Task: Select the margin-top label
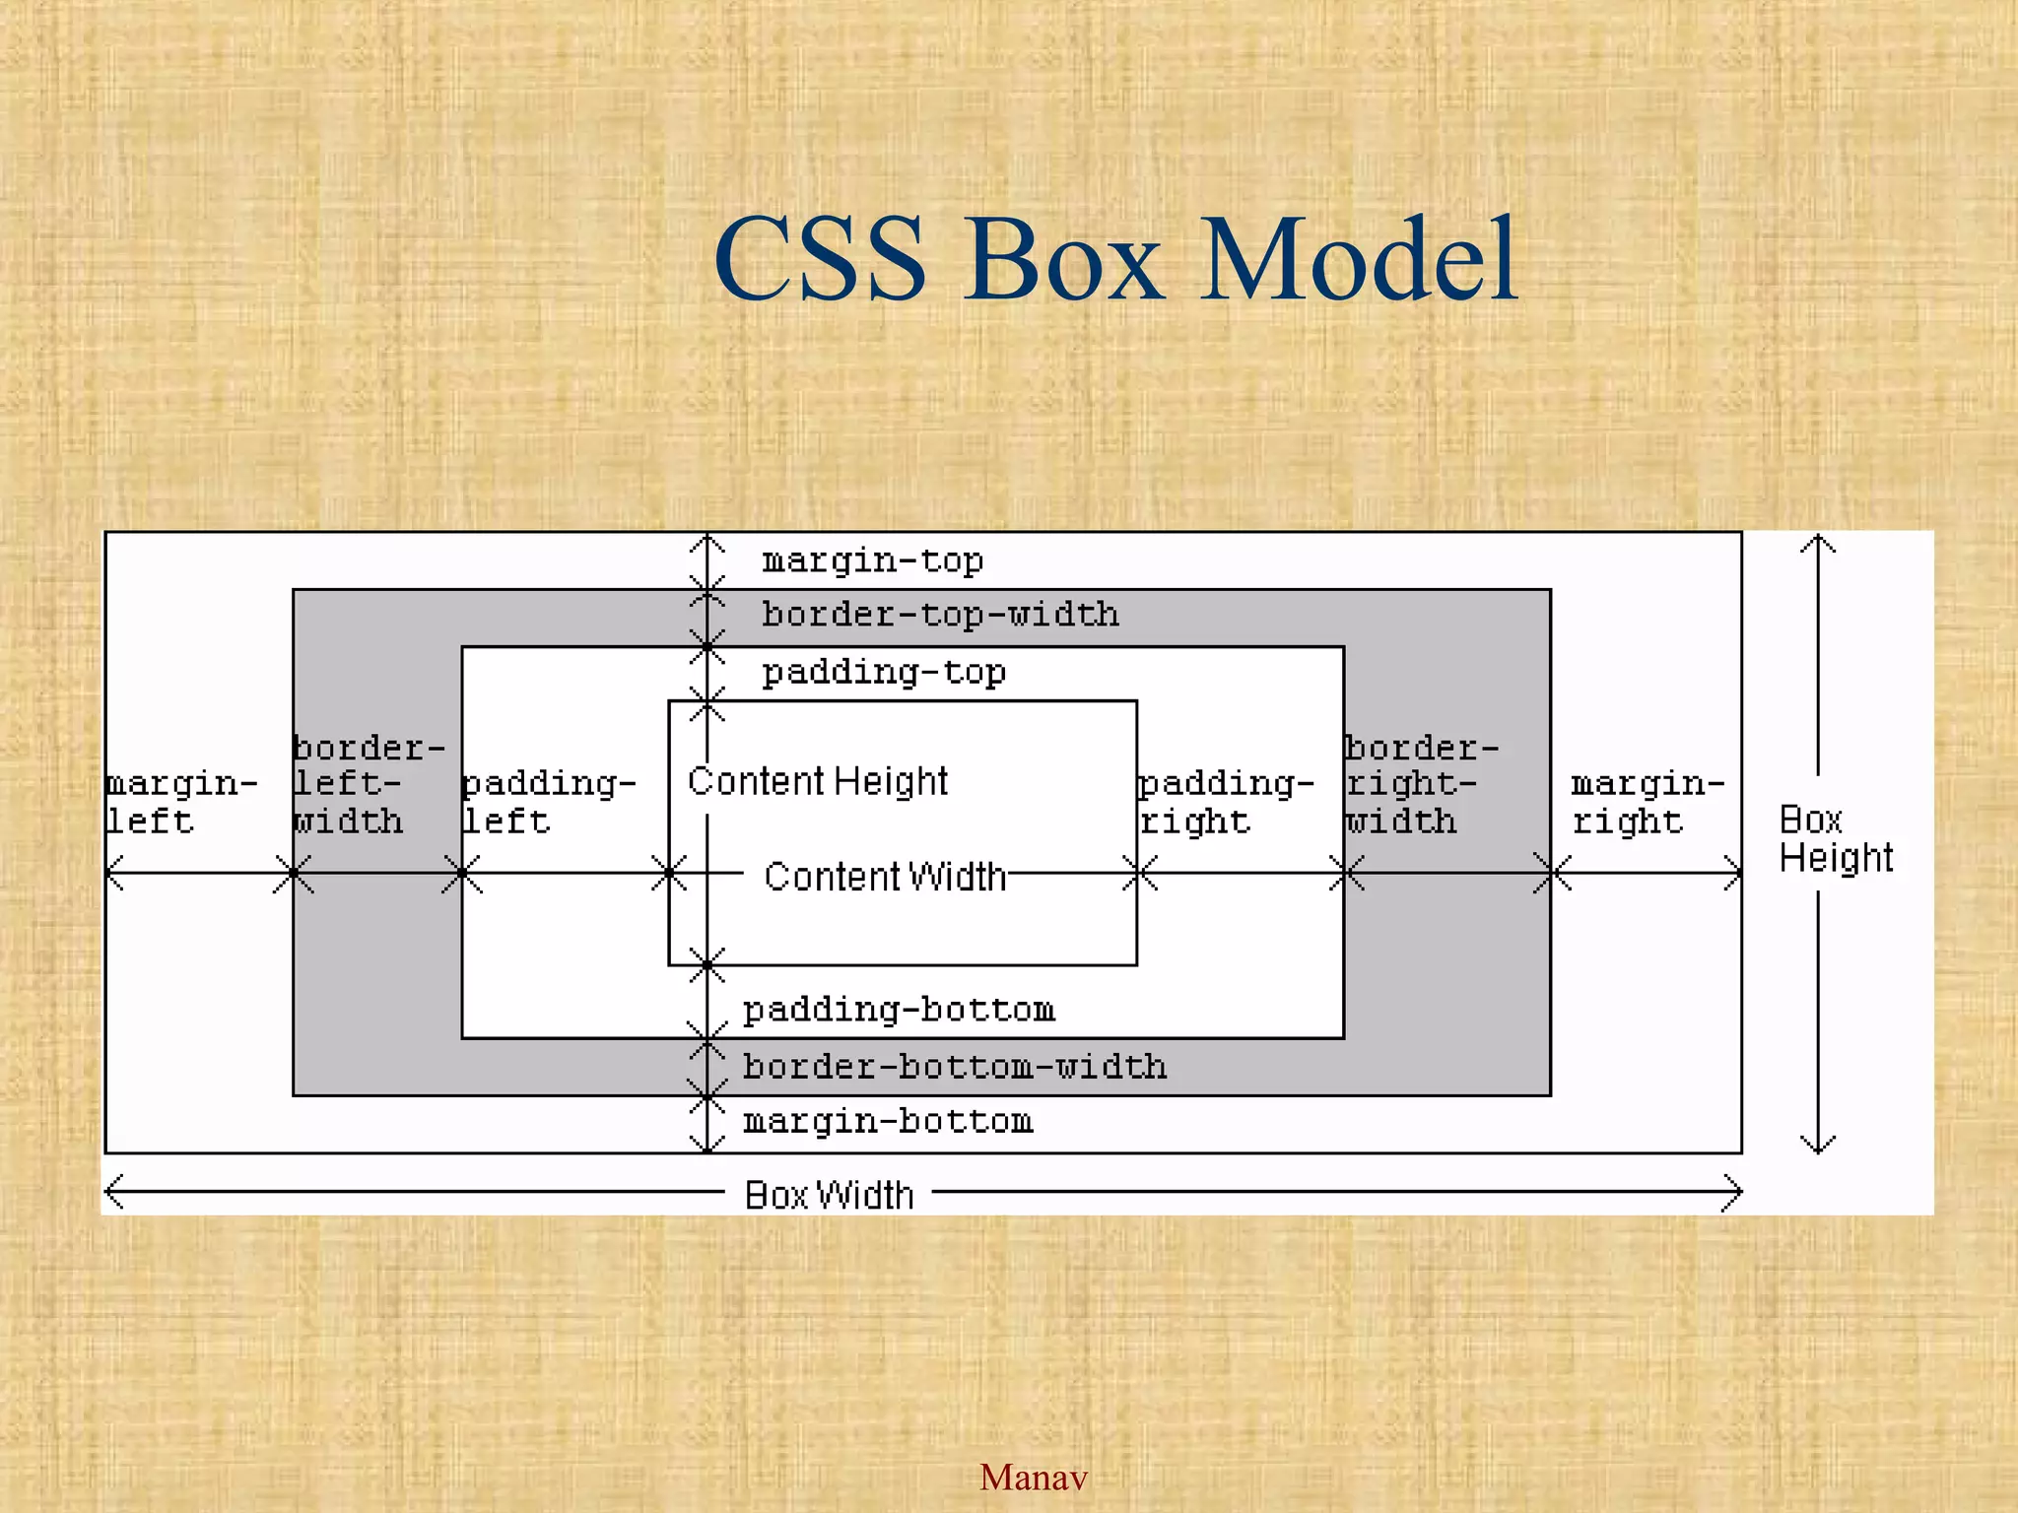click(x=872, y=560)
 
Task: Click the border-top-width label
click(x=940, y=615)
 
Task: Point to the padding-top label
click(x=884, y=673)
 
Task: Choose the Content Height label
click(x=817, y=781)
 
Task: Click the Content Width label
click(x=885, y=876)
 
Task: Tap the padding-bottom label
click(x=899, y=1010)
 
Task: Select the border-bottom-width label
click(x=954, y=1067)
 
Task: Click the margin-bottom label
click(x=888, y=1121)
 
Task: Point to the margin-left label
click(x=179, y=802)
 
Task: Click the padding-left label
click(x=548, y=802)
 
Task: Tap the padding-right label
click(x=1225, y=802)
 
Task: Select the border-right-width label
click(x=1420, y=784)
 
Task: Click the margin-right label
click(x=1647, y=802)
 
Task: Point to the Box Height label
click(x=1835, y=838)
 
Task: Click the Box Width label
click(x=829, y=1195)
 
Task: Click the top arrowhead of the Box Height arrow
click(x=1818, y=541)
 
